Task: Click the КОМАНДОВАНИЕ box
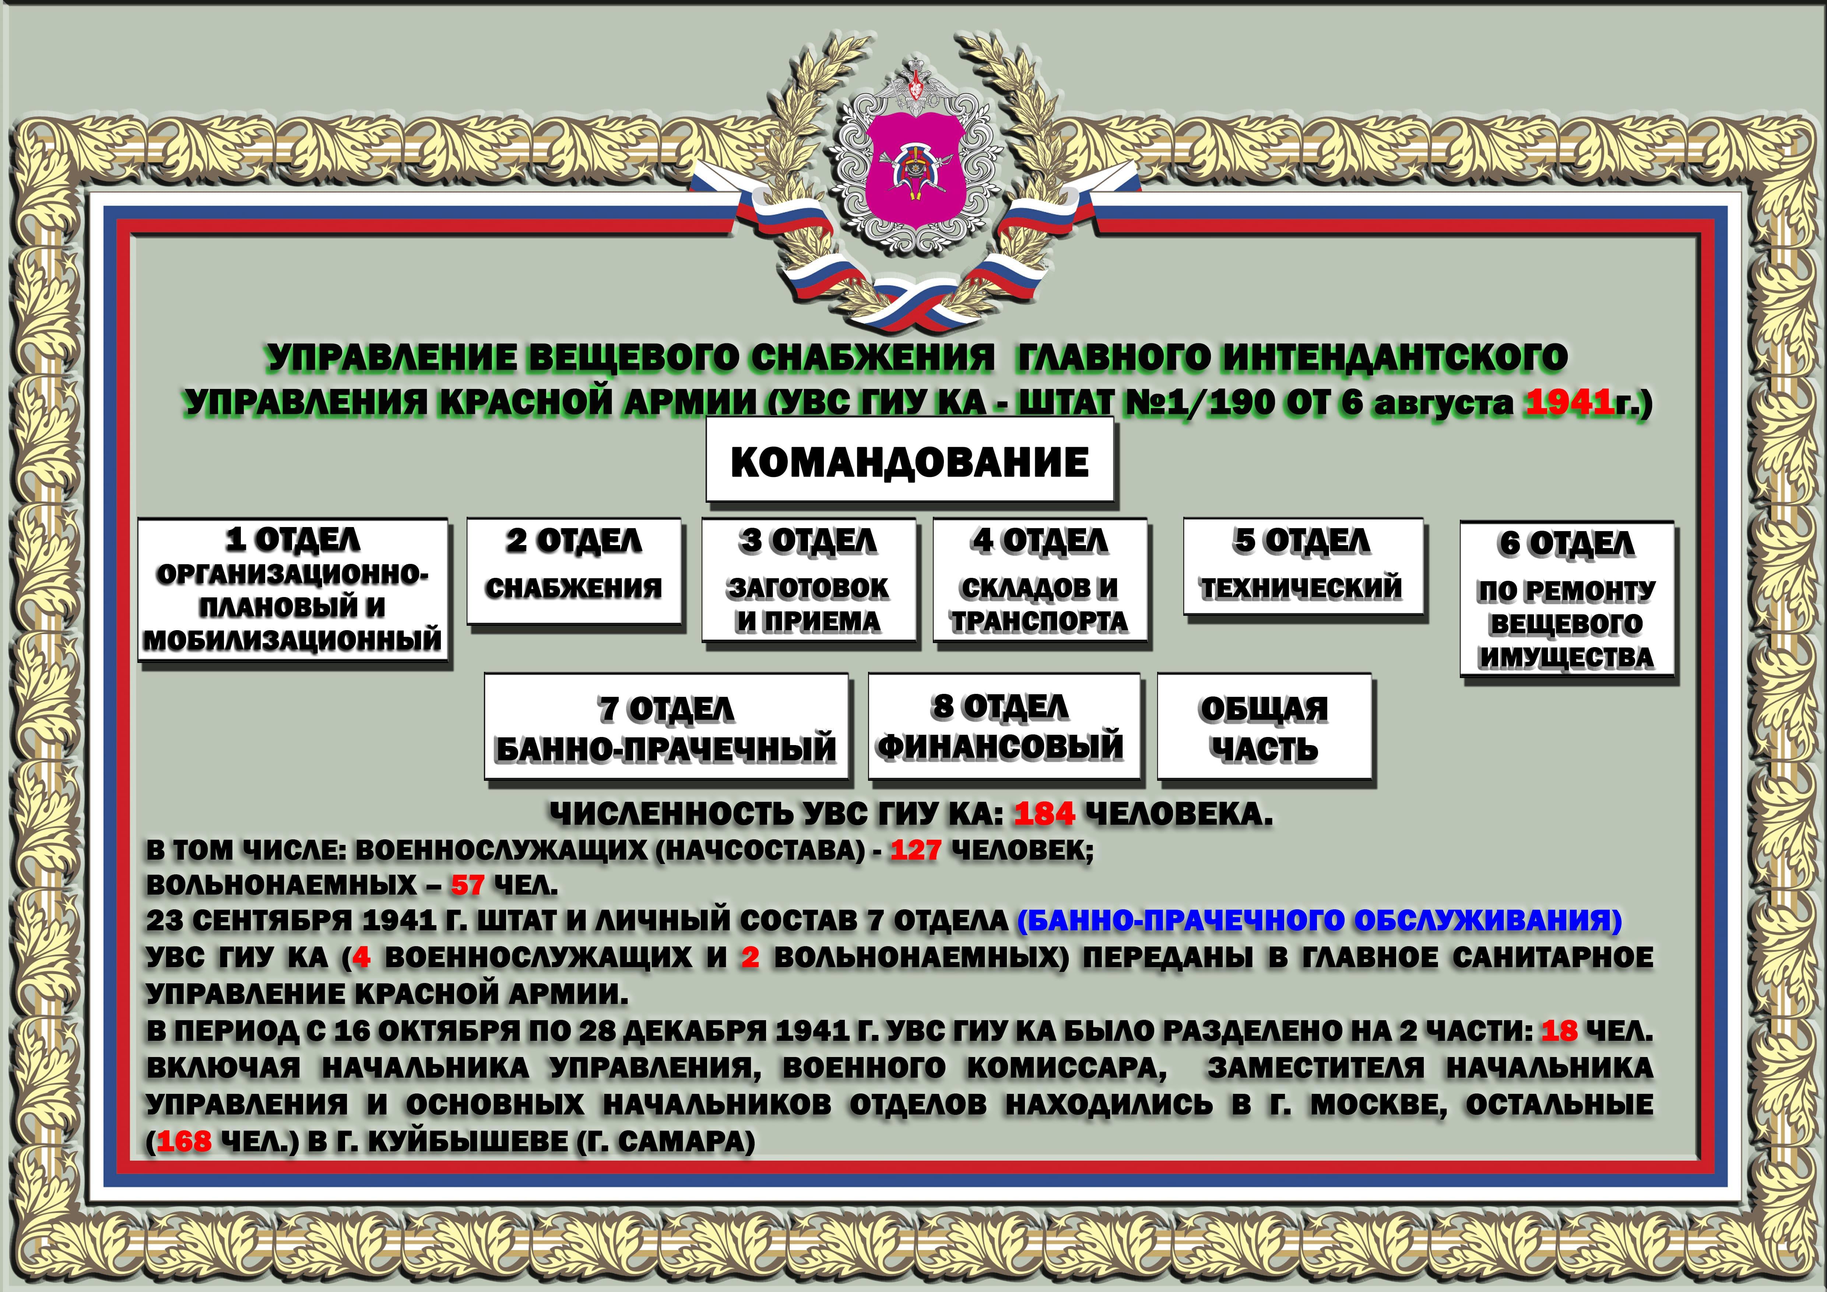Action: pos(910,461)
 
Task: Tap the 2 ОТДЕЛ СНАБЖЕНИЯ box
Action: pos(574,570)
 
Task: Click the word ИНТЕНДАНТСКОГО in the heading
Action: pos(1393,358)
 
